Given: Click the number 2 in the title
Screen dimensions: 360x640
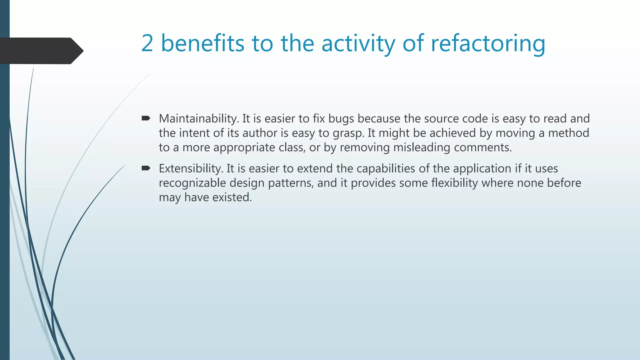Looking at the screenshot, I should (x=147, y=43).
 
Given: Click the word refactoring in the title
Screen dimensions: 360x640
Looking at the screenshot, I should (x=488, y=43).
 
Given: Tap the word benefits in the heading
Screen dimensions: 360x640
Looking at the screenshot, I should (x=202, y=43).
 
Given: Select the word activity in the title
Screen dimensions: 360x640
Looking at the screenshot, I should (x=358, y=43).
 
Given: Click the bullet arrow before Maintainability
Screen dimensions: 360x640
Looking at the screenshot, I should (x=146, y=118).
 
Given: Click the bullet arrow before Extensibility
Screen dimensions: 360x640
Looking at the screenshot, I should (x=146, y=168).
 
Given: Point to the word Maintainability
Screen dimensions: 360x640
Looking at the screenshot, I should (x=199, y=119).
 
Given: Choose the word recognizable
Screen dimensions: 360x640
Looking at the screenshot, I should (x=192, y=183).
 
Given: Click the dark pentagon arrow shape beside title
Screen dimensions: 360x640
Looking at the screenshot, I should (x=41, y=51).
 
